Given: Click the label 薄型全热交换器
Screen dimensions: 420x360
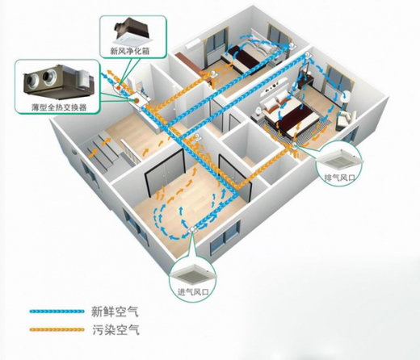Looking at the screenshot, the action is pos(59,107).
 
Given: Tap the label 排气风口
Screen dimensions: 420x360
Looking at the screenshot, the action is pos(339,178).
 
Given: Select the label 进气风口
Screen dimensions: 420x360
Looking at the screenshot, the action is pos(193,291).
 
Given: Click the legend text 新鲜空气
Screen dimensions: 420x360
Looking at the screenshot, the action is pos(115,312).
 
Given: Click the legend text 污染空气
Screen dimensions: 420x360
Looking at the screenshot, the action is pos(115,329).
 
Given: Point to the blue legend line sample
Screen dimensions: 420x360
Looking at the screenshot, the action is pos(57,312).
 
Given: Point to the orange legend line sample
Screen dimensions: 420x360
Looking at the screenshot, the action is pos(57,329).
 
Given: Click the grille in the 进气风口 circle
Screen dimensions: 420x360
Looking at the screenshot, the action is pos(193,274).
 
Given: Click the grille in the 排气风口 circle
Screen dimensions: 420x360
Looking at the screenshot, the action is pos(340,161).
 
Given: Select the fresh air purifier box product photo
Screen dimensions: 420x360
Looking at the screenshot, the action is pos(132,31).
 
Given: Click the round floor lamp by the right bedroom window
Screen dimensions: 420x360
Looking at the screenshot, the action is pos(346,96).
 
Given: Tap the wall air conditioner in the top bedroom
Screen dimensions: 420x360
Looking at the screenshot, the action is pos(192,44).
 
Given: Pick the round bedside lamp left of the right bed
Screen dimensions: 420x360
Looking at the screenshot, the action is pos(258,110).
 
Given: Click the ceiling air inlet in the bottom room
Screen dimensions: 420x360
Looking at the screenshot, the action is pos(193,230).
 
